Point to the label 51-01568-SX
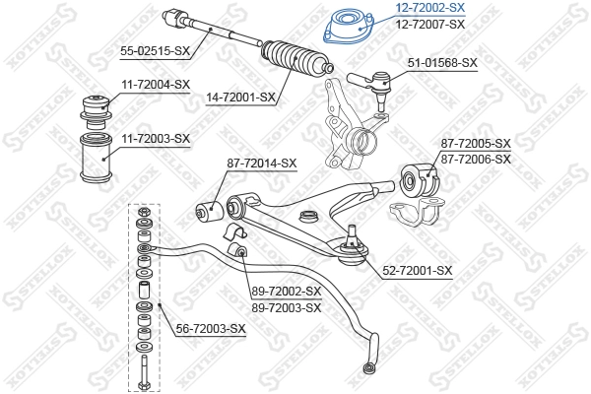(x=442, y=62)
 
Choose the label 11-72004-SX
(x=155, y=85)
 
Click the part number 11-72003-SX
(x=155, y=138)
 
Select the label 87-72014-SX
(x=261, y=163)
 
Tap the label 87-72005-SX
(x=476, y=144)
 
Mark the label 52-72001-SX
(x=417, y=270)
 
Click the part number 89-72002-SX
(x=286, y=292)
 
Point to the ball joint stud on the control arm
(x=348, y=242)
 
